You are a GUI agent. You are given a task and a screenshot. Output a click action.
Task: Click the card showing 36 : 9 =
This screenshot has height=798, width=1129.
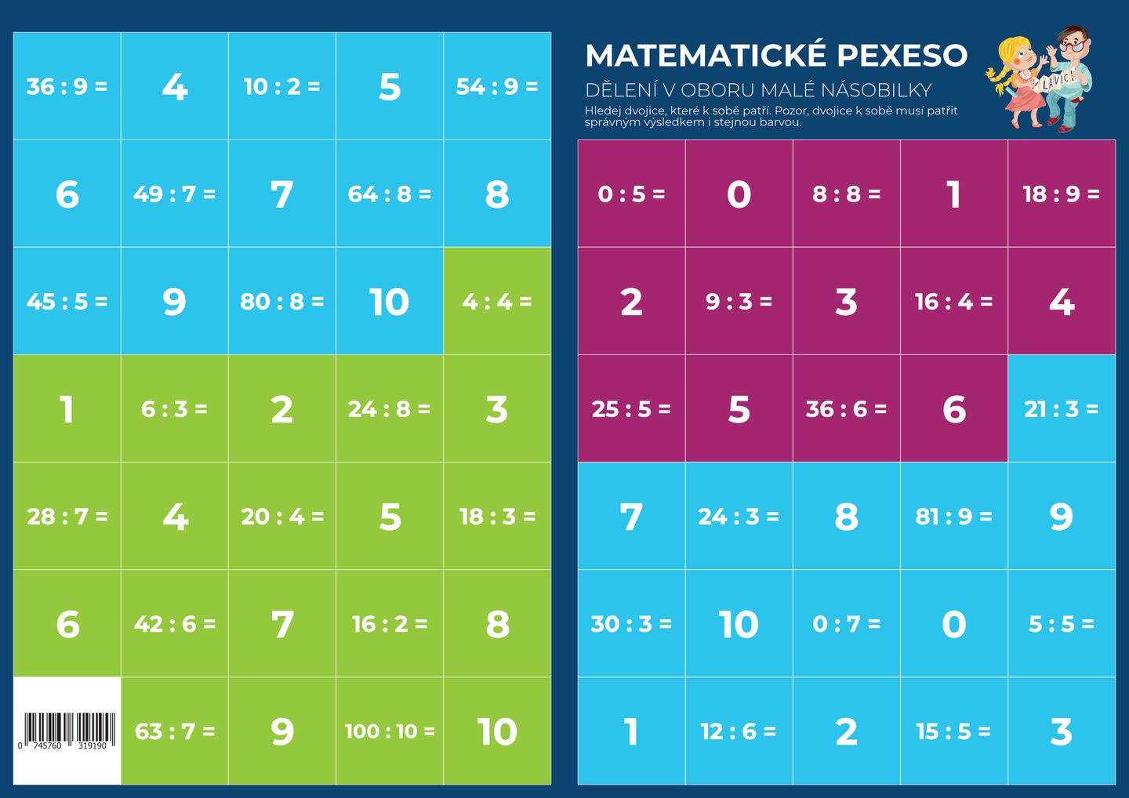pos(67,86)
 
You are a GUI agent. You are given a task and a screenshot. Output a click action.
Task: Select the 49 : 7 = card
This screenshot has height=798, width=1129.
pos(174,194)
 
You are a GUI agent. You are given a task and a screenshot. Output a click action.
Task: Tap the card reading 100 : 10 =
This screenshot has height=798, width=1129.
pos(390,731)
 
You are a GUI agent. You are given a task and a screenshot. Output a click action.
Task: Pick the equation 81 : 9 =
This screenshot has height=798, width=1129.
pos(953,517)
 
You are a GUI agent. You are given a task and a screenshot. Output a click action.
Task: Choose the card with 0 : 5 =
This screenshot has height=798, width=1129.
pos(631,194)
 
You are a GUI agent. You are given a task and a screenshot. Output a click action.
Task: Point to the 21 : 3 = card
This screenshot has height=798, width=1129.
pos(1061,408)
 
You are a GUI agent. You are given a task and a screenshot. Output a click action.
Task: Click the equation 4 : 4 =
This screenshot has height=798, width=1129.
pos(497,301)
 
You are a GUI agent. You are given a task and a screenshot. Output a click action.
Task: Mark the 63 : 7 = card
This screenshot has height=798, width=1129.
pos(174,731)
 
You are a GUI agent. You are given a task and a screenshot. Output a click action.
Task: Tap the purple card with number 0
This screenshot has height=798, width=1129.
pos(739,194)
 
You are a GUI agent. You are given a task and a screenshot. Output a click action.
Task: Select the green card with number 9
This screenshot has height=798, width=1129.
pos(282,731)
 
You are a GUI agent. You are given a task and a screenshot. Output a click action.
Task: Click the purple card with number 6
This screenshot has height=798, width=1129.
pos(953,408)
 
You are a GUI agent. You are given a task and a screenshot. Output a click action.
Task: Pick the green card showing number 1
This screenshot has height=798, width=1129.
pos(67,408)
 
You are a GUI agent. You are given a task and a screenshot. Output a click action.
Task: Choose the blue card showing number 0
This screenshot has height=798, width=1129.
pos(953,624)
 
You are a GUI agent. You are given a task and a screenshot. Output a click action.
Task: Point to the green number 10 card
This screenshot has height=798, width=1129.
pos(497,731)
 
